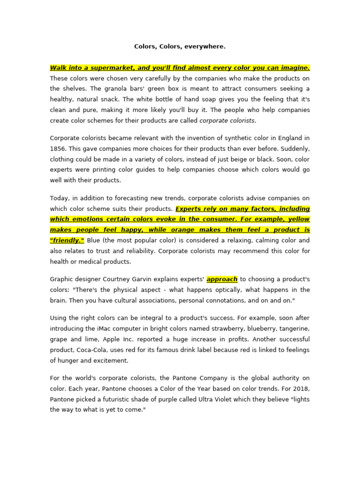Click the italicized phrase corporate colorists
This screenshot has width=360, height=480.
(x=227, y=120)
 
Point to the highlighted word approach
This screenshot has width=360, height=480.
(x=222, y=279)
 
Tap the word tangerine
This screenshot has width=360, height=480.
(x=293, y=329)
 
